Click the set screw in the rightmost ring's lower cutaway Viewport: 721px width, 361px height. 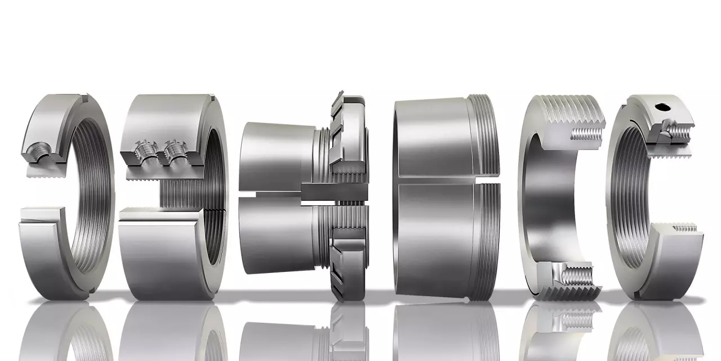[685, 228]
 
